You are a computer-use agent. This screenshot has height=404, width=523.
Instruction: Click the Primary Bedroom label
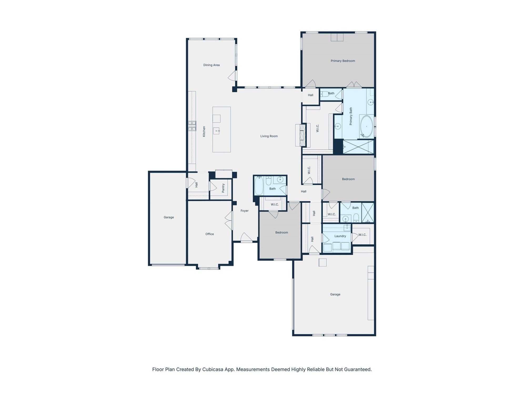coord(343,61)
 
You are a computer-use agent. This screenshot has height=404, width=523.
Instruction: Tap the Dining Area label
coord(211,65)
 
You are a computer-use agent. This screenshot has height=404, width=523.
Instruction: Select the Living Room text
coord(269,136)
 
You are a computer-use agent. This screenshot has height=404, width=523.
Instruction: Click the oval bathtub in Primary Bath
coord(366,127)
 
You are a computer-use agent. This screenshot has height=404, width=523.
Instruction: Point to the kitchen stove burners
coord(192,126)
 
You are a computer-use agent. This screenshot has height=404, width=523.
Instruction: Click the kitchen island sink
coord(216,131)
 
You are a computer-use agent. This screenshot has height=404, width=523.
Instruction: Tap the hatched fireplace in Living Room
coord(303,135)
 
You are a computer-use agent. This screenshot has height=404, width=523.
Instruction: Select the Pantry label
coord(223,188)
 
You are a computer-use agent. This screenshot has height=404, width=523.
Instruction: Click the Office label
coord(209,234)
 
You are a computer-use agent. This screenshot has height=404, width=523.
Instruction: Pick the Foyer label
coord(244,211)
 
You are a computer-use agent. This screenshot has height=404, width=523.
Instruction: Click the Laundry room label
coord(340,236)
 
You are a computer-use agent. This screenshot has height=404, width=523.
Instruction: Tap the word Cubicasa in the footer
coord(213,369)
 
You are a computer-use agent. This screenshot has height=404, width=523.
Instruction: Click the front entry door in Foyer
coord(246,238)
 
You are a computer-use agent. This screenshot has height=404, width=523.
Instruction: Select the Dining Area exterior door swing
coord(232,76)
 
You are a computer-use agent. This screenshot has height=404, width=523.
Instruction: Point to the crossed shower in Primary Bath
coord(358,147)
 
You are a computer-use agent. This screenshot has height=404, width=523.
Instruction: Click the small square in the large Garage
coord(322,262)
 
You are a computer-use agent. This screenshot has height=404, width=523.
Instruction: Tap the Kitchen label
coord(204,131)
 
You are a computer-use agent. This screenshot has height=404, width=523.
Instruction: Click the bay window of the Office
coord(208,268)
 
